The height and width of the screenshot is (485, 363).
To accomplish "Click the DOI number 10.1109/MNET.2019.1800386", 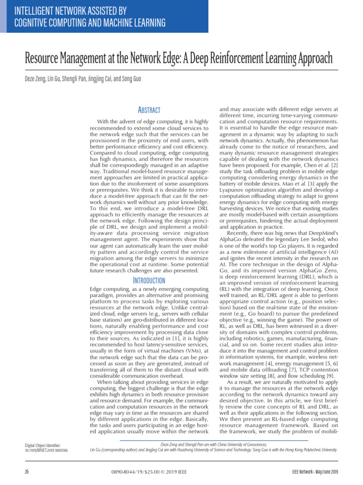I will [46, 450].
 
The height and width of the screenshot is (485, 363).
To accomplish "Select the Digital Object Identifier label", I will [43, 445].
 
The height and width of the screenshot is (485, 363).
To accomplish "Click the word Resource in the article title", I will [43, 59].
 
